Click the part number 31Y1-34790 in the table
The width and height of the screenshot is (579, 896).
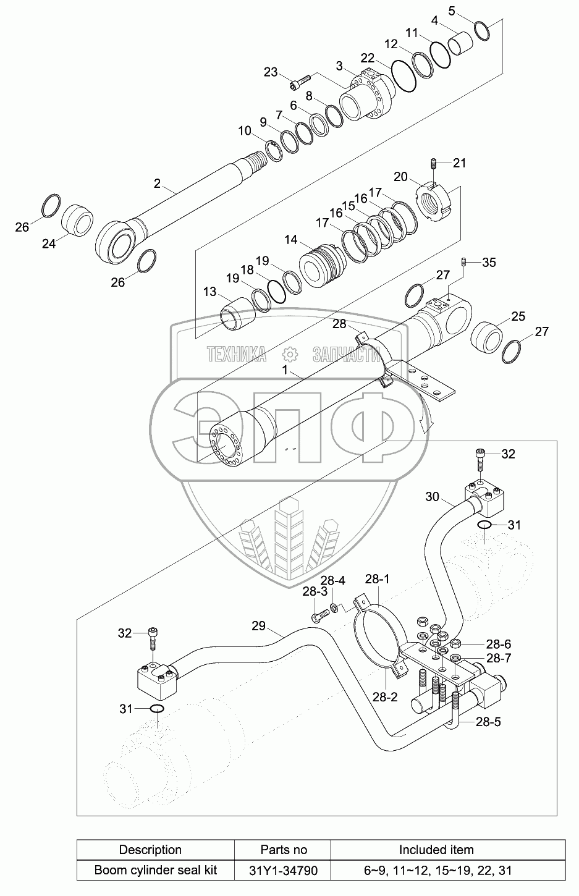(x=283, y=871)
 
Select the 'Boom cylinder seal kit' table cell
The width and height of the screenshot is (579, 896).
(x=156, y=870)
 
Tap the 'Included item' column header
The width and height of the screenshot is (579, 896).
(x=436, y=850)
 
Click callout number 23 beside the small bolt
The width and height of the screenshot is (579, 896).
(x=270, y=72)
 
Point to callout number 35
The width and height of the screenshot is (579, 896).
(x=489, y=263)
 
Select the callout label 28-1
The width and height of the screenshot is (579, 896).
(x=377, y=578)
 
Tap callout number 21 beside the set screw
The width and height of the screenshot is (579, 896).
(x=460, y=163)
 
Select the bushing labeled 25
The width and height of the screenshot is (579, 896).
(x=487, y=337)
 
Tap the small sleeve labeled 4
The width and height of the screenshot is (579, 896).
(x=460, y=40)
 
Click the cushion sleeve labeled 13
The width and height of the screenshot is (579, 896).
(x=239, y=315)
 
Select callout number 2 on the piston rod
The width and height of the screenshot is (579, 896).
(x=157, y=183)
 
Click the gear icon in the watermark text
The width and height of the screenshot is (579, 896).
(x=290, y=355)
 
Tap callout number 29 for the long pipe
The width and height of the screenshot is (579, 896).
(x=259, y=625)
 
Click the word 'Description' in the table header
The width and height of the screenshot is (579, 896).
(x=150, y=850)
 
